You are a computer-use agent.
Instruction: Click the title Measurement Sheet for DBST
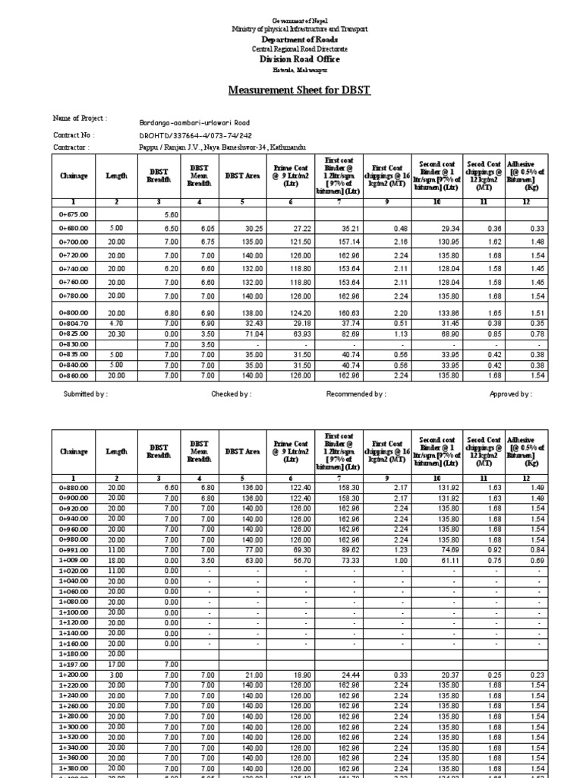(x=300, y=90)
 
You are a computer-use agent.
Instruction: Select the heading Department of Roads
(x=300, y=39)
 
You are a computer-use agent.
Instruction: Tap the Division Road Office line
(x=300, y=59)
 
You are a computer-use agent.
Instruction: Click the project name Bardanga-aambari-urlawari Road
(x=194, y=122)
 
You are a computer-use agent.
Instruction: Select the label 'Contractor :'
(x=71, y=147)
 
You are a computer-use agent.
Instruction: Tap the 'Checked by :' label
(x=231, y=394)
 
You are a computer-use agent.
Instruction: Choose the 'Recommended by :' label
(x=356, y=394)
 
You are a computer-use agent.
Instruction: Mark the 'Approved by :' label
(x=511, y=394)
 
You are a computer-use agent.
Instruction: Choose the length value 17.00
(x=115, y=664)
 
